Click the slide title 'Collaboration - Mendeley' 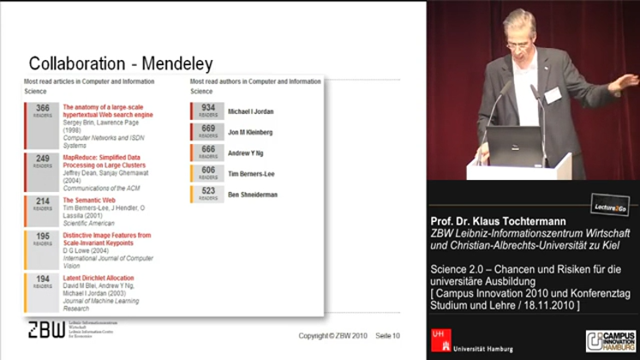[x=120, y=63]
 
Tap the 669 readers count [x=208, y=131]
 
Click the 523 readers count [x=208, y=193]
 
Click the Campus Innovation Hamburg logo [x=611, y=339]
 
